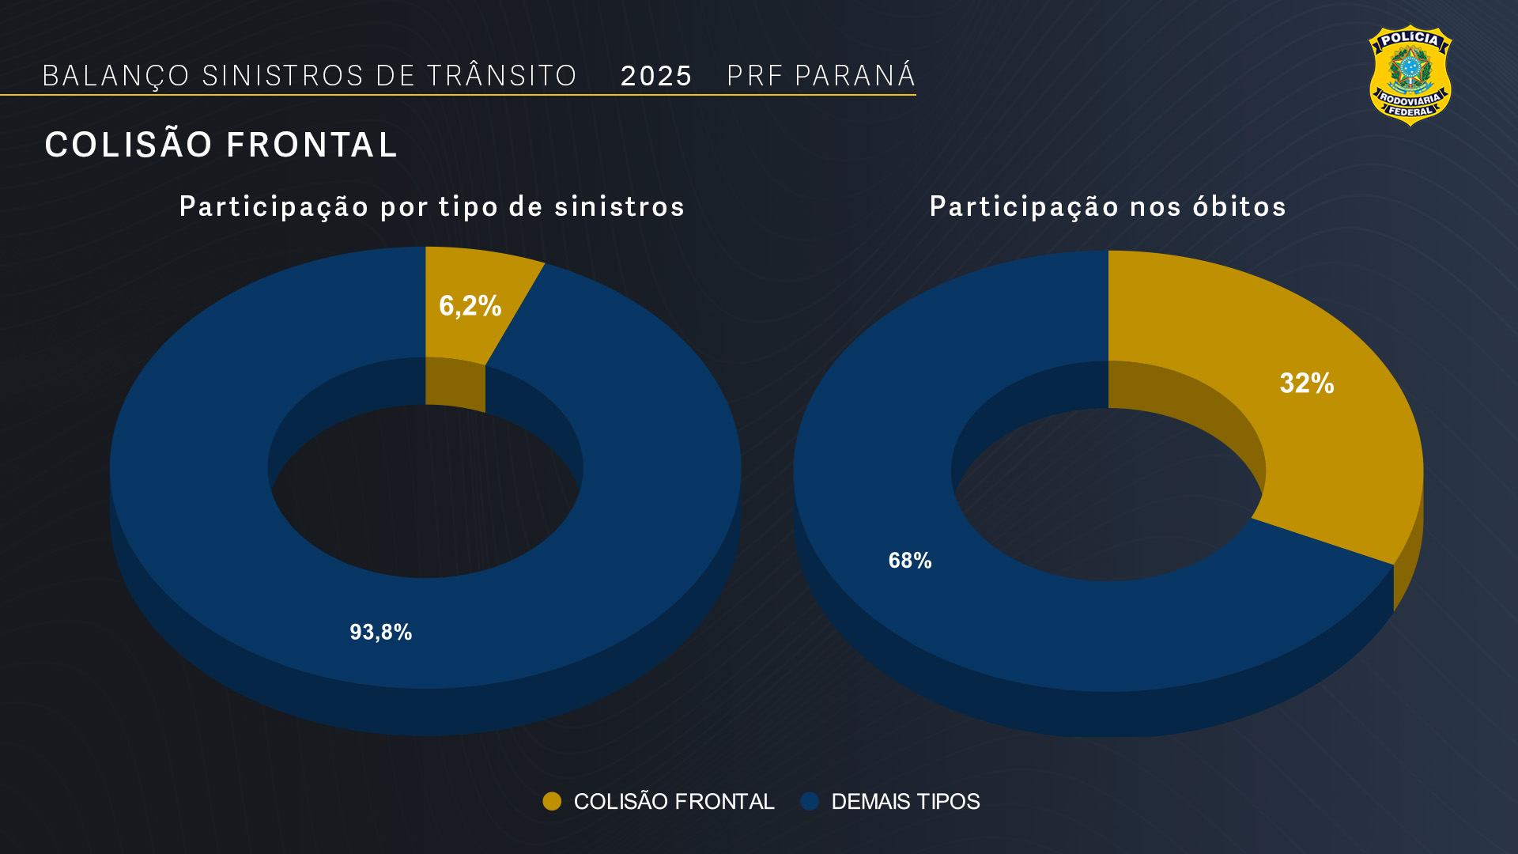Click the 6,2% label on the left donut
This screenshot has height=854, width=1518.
[x=470, y=306]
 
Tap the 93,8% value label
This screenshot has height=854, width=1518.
[x=380, y=633]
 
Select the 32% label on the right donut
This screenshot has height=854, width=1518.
[x=1306, y=384]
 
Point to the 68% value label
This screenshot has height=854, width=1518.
[x=909, y=561]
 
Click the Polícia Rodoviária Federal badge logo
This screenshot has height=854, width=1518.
[x=1410, y=75]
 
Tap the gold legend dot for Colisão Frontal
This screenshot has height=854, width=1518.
[x=552, y=801]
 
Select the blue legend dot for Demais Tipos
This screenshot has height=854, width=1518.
[x=810, y=801]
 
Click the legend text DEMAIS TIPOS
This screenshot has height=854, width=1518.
[x=905, y=802]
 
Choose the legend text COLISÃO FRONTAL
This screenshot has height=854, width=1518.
[x=674, y=802]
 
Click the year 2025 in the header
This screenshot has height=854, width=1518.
[x=655, y=77]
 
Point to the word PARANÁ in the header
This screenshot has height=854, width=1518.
[x=855, y=76]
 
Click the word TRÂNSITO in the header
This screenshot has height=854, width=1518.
[x=502, y=76]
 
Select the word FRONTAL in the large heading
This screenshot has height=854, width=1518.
[x=312, y=145]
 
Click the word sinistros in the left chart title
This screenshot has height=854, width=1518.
[x=619, y=207]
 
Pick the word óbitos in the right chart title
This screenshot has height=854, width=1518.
[x=1239, y=207]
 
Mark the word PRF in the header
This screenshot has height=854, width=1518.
[x=754, y=76]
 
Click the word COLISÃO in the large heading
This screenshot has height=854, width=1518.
[x=129, y=145]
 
